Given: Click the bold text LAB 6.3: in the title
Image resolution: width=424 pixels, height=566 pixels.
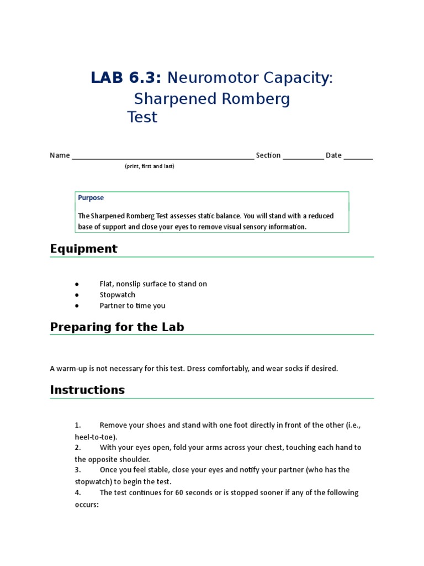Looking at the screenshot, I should tap(126, 78).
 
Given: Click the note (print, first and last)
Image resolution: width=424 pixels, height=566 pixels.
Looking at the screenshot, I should tap(149, 166).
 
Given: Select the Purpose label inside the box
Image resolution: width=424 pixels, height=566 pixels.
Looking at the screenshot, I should tap(91, 198).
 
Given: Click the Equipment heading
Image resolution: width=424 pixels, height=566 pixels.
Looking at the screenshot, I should tap(83, 249).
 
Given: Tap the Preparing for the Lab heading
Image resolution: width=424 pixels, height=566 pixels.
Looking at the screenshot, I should tap(117, 327).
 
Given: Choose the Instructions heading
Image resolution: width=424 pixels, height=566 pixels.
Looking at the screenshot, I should tap(87, 390).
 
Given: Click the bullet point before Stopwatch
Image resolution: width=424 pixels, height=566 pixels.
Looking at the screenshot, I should tap(77, 295).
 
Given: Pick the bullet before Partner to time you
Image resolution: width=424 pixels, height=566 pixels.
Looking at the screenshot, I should tap(77, 306).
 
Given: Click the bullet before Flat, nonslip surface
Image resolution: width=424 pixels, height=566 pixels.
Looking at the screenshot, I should tap(77, 284).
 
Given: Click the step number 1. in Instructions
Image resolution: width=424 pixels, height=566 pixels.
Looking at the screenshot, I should tap(78, 426).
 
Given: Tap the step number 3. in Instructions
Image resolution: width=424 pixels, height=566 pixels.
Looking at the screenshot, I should tap(78, 470).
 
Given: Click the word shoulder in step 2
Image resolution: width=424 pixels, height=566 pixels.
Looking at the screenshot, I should tap(135, 459).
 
